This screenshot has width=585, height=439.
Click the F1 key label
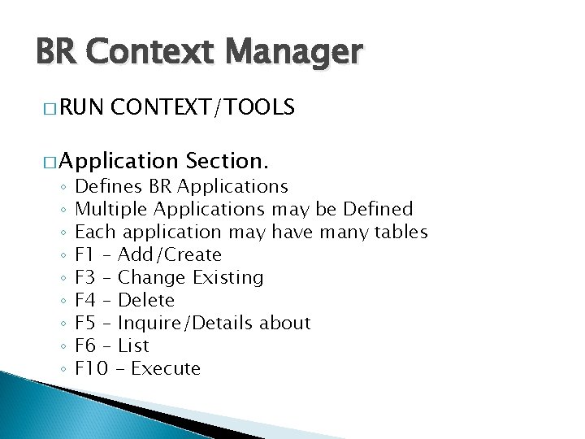(x=86, y=254)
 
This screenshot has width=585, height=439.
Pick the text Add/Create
(x=170, y=254)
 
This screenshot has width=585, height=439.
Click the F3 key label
(x=86, y=277)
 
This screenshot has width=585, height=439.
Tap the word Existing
(x=228, y=277)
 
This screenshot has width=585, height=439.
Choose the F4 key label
(x=86, y=300)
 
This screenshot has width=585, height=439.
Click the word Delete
(x=146, y=300)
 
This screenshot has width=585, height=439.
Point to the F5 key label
(x=86, y=323)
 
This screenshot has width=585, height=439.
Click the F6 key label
(x=86, y=346)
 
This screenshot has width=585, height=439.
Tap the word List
(x=133, y=346)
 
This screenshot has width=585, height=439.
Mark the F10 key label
(x=92, y=368)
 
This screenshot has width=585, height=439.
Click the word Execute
(x=166, y=368)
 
